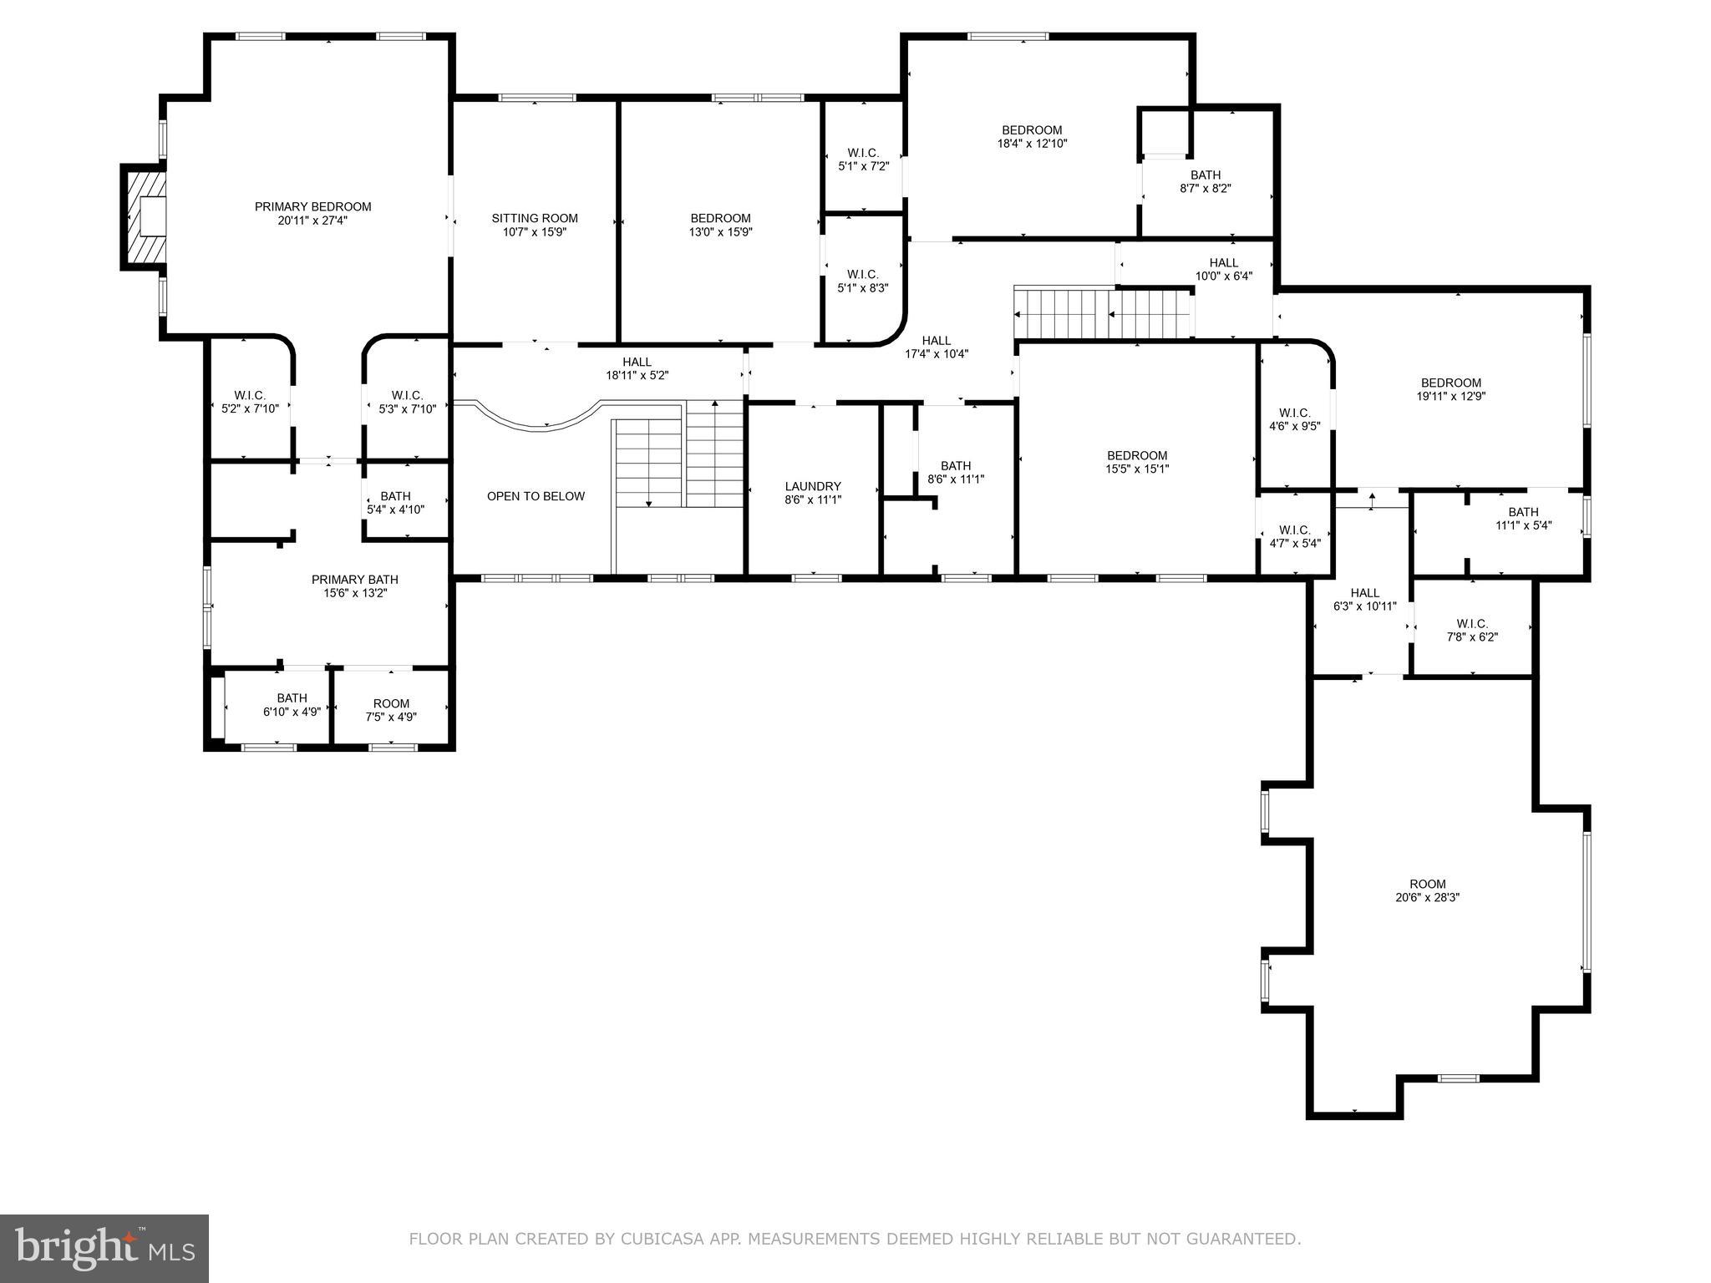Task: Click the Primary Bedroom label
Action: pos(312,207)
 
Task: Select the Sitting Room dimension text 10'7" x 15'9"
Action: pos(535,232)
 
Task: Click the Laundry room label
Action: pos(812,486)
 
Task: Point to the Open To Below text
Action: pos(536,496)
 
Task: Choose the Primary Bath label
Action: pos(354,580)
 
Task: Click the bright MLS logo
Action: pos(104,1248)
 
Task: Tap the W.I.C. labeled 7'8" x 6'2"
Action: pos(1471,630)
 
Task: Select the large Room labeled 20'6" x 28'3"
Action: pos(1427,890)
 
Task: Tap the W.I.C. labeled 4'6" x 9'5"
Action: pos(1294,419)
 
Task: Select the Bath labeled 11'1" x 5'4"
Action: pos(1522,519)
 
